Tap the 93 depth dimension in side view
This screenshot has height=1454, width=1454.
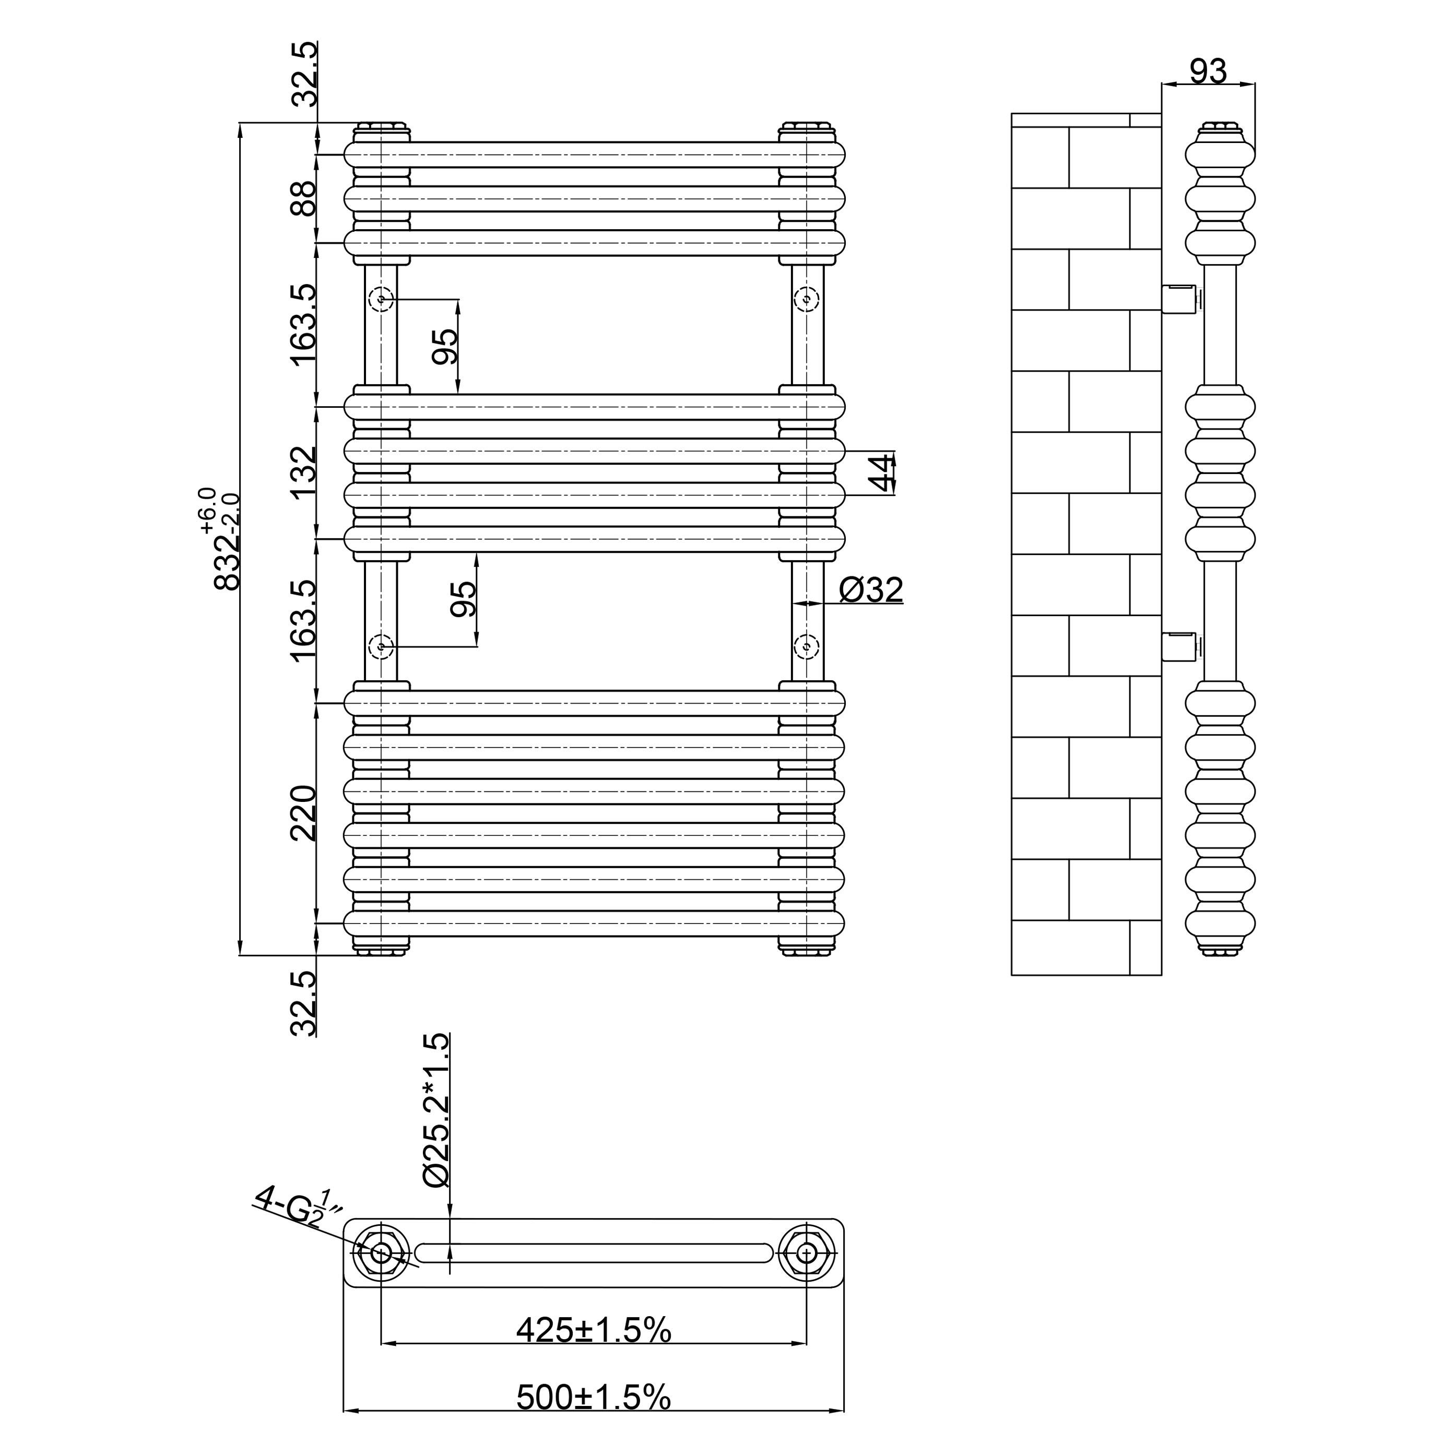[x=1208, y=72]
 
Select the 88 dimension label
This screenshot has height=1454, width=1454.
[x=304, y=199]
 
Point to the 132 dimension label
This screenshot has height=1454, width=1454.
[x=304, y=472]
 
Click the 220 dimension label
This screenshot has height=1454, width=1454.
[x=304, y=813]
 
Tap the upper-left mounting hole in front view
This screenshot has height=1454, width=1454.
[x=382, y=300]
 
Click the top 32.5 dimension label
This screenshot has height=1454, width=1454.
[x=304, y=75]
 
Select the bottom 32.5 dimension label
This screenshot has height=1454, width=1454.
[x=304, y=1003]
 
